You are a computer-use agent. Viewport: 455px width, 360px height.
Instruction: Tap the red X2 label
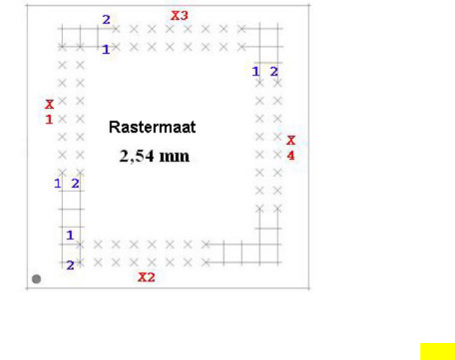(146, 277)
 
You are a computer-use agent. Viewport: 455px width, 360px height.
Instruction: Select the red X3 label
(179, 15)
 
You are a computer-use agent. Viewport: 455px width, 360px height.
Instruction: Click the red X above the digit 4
(290, 140)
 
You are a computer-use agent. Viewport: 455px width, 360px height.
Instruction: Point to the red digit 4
(290, 155)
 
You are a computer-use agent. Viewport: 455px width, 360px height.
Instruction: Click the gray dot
(36, 279)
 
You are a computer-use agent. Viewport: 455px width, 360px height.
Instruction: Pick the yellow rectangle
(438, 352)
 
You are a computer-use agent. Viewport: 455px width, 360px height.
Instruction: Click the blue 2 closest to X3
(106, 20)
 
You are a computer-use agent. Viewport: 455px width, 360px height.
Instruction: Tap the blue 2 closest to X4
(274, 71)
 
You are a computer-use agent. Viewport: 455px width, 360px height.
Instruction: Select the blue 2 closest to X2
(71, 265)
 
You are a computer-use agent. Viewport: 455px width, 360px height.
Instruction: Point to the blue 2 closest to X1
(75, 184)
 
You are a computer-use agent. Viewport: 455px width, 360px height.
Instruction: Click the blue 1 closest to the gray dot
(70, 234)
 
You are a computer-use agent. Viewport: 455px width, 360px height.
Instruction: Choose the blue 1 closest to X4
(256, 71)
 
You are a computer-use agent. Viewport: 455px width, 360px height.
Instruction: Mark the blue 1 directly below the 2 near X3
(106, 49)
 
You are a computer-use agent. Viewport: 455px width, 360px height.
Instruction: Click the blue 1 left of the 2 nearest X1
(58, 184)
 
